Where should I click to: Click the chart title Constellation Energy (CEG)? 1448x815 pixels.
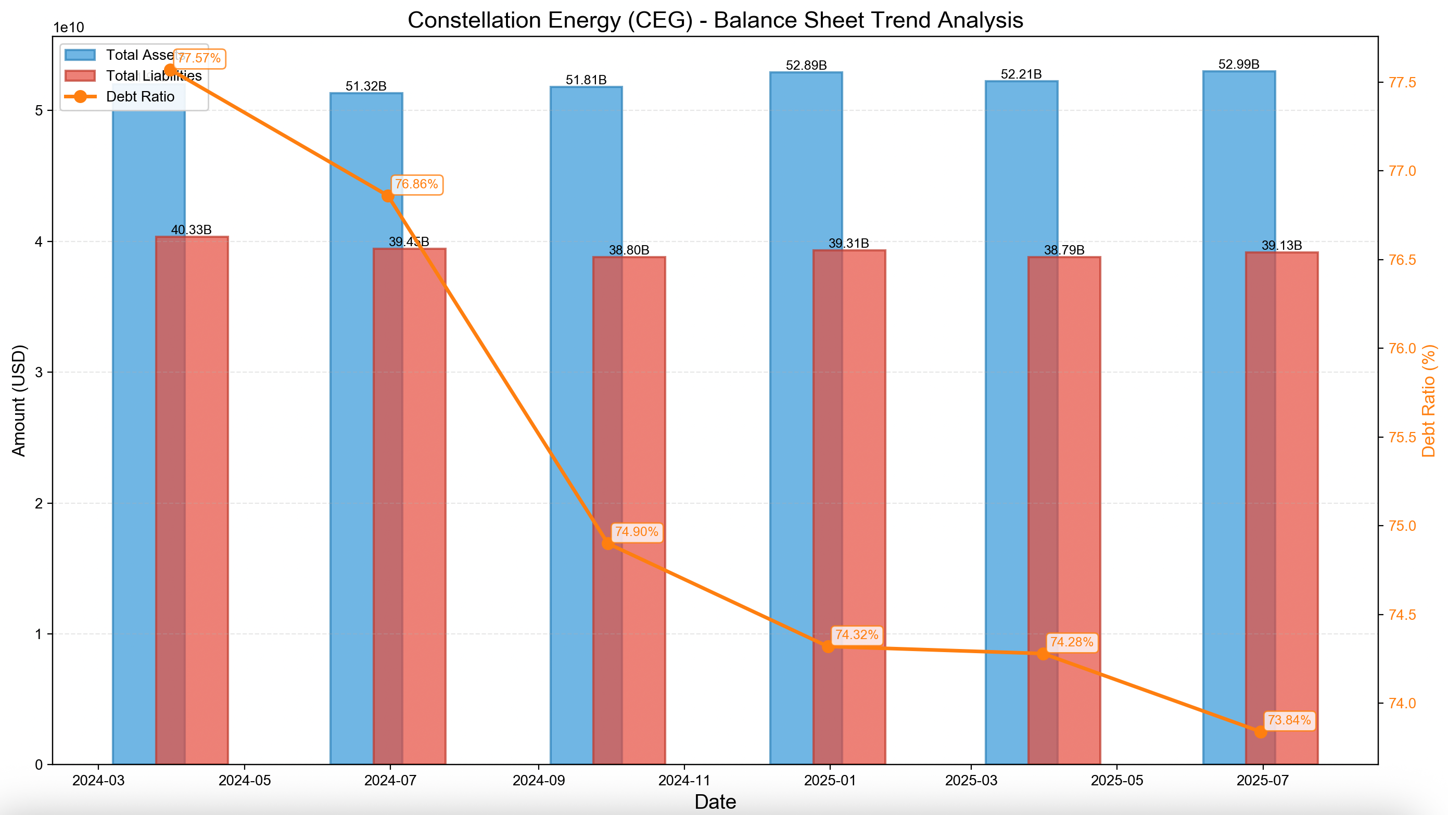[x=715, y=20]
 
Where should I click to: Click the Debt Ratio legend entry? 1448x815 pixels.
[x=140, y=97]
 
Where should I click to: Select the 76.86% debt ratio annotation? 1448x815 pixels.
[x=416, y=184]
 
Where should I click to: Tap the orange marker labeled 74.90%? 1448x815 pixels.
[x=607, y=543]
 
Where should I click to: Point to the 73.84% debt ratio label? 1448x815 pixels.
[x=1289, y=720]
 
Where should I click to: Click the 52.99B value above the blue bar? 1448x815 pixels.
[x=1238, y=64]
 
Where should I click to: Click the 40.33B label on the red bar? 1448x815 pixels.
[x=191, y=230]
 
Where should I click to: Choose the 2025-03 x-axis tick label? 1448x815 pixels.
[x=970, y=781]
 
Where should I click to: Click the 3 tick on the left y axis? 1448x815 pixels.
[x=39, y=372]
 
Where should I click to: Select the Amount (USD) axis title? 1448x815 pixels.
[x=19, y=400]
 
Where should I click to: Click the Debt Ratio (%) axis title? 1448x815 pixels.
[x=1428, y=400]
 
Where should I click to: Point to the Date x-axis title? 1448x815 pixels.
[x=715, y=801]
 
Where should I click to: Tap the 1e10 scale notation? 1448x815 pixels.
[x=69, y=28]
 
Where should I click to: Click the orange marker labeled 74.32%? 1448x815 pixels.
[x=828, y=647]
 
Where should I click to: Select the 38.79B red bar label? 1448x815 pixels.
[x=1063, y=250]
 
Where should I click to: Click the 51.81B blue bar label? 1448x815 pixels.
[x=586, y=80]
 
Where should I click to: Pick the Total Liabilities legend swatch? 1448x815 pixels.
[x=80, y=76]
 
